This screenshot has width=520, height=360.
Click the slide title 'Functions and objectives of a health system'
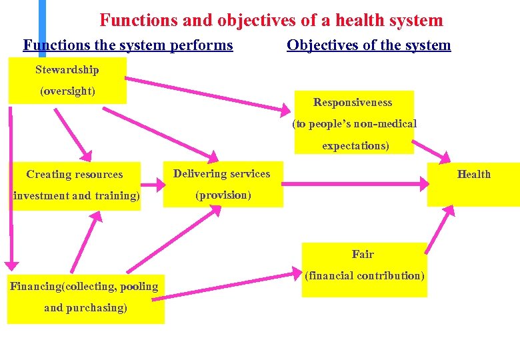[271, 21]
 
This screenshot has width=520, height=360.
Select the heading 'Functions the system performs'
[128, 45]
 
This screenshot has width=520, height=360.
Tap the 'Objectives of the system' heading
[369, 45]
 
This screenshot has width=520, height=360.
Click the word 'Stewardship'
[67, 70]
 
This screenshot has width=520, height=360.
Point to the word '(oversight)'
[67, 91]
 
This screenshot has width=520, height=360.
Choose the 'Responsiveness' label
[353, 103]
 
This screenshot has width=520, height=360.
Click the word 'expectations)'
[355, 145]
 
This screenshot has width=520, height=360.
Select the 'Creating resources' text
[75, 175]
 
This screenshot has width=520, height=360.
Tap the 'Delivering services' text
[221, 174]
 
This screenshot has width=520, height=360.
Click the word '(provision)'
[223, 195]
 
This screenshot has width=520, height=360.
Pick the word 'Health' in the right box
[473, 175]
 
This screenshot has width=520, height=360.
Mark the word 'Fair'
[363, 255]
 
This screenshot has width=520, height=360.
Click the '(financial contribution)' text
[364, 276]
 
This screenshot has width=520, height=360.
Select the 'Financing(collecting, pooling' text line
[84, 287]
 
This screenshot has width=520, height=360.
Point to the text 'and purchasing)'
[85, 308]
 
